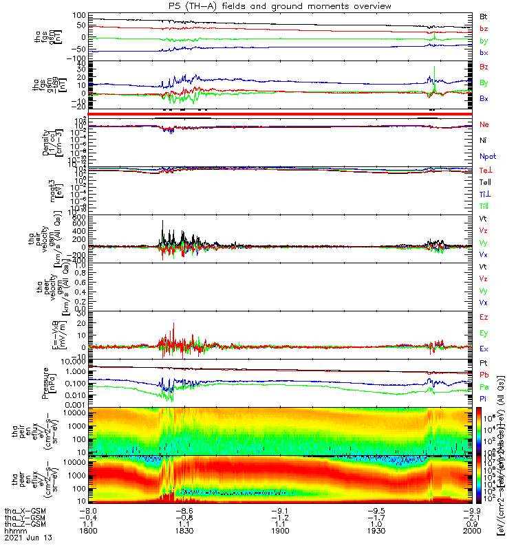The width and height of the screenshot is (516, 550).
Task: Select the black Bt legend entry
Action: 484,16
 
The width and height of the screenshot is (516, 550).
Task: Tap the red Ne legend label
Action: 484,125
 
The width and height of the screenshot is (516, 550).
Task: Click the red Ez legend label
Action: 484,318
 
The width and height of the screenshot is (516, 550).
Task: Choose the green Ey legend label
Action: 484,333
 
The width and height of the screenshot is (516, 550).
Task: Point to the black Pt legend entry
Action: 484,363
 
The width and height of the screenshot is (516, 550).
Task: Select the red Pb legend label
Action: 484,375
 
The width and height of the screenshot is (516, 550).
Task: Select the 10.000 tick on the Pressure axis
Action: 74,361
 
